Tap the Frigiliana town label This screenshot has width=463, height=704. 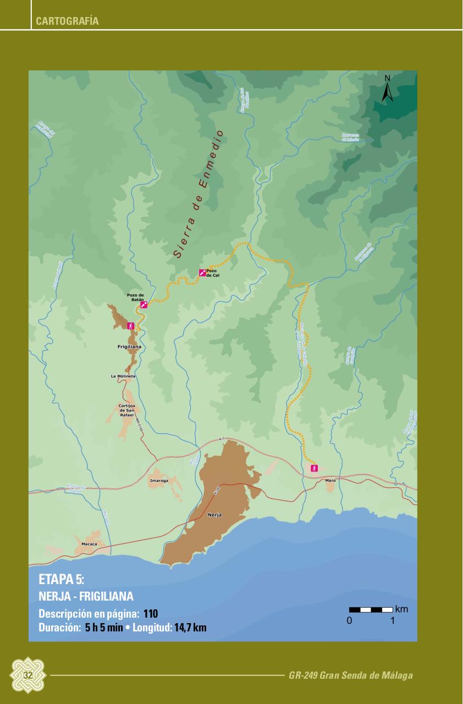tap(130, 347)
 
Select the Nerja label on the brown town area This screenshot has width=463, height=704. tap(215, 515)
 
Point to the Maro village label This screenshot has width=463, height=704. tap(330, 480)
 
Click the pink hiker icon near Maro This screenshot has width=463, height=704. tap(314, 468)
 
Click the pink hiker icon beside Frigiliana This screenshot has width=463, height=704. tap(131, 326)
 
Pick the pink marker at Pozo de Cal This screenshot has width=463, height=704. tap(202, 273)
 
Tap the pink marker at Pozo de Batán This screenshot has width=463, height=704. tap(144, 305)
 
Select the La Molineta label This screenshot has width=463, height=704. tap(123, 376)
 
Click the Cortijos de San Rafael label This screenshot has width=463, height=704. tap(127, 409)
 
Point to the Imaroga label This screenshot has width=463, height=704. tap(159, 480)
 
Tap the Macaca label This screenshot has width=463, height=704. tap(89, 544)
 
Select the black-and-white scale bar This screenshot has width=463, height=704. tap(371, 609)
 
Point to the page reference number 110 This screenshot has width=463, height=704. tap(151, 614)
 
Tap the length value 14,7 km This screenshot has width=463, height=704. tap(190, 627)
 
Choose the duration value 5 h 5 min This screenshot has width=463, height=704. tap(104, 627)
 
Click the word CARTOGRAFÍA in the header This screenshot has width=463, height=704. tap(67, 21)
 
